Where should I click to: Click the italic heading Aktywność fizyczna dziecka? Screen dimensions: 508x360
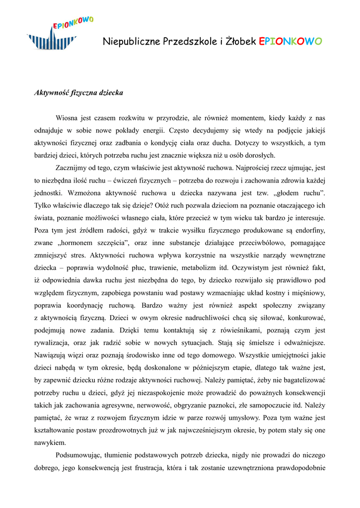(78, 93)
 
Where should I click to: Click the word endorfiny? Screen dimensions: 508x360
(309, 230)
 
